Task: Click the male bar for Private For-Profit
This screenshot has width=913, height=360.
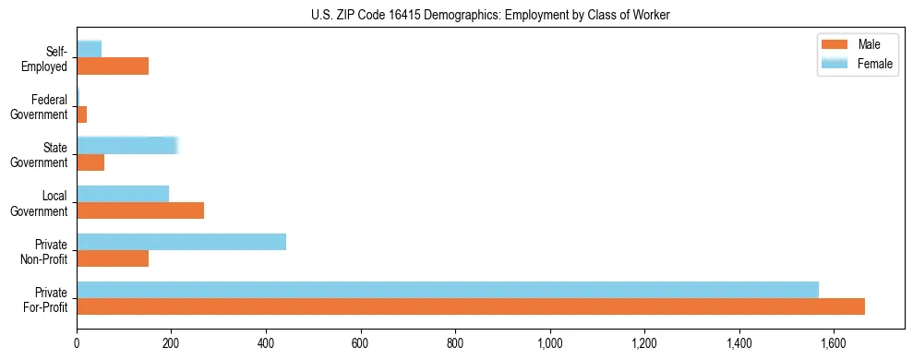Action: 471,306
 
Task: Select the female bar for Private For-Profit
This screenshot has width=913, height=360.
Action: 448,290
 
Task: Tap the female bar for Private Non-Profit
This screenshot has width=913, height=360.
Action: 181,242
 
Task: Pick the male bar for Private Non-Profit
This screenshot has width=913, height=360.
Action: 113,258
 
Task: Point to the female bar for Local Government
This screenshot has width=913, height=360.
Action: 123,194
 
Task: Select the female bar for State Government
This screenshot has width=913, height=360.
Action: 126,146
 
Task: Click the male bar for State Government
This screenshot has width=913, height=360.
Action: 90,162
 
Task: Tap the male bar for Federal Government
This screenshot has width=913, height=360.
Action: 82,114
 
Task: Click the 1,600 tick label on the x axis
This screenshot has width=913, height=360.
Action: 834,343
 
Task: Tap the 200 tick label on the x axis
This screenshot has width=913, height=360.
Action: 172,343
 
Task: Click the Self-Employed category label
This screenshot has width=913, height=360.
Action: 47,59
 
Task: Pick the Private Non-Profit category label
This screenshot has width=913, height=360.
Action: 46,251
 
